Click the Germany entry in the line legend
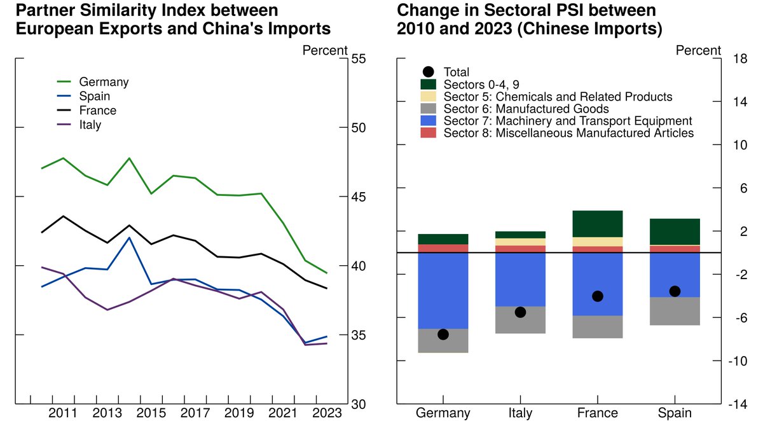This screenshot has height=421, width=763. [x=103, y=82]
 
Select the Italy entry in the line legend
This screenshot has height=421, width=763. [x=90, y=125]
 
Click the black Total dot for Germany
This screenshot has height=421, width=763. [x=443, y=335]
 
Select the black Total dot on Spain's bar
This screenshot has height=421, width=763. [x=675, y=291]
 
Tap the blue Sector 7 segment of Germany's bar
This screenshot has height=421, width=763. [x=443, y=290]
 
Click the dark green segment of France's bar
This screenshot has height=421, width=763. [x=598, y=224]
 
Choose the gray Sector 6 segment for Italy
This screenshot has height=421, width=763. [x=520, y=320]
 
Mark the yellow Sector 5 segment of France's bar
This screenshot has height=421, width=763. [x=598, y=242]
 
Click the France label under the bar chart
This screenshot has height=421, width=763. [x=597, y=413]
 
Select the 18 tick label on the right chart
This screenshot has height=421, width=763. [x=739, y=59]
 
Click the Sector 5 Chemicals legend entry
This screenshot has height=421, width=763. [x=557, y=97]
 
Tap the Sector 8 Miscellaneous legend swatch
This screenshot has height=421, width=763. [x=428, y=133]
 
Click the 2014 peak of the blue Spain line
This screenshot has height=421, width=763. [x=129, y=238]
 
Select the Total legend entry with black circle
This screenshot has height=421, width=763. [x=455, y=72]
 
